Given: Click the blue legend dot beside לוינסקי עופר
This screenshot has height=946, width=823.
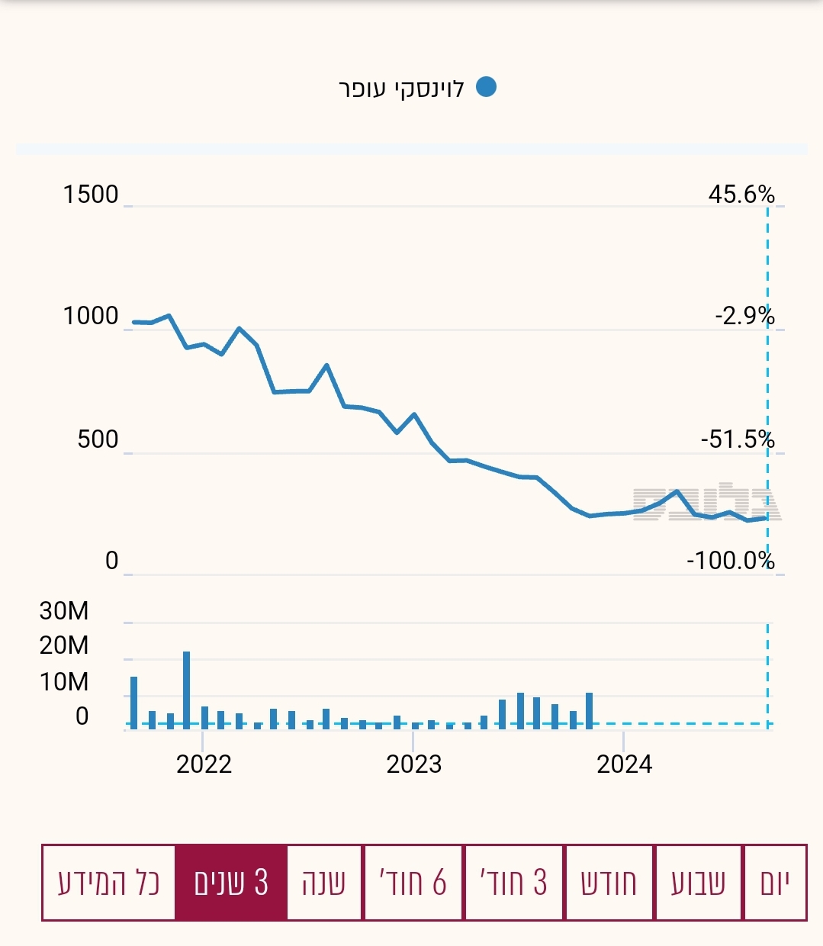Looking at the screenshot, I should click(x=486, y=87).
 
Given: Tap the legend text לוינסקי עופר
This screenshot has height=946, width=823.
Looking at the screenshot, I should click(x=401, y=88).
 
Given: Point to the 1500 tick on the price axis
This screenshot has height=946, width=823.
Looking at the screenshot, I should click(x=91, y=195).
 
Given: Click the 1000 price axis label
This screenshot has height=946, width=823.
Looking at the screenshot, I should click(x=91, y=316).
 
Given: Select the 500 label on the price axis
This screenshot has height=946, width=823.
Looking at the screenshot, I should click(x=98, y=439).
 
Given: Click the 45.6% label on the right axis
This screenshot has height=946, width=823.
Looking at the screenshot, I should click(x=741, y=195).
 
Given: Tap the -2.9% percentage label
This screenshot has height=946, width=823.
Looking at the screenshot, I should click(x=744, y=316).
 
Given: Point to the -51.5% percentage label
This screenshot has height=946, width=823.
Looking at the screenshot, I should click(x=738, y=439).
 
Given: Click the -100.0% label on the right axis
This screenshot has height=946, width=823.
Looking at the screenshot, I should click(x=731, y=561).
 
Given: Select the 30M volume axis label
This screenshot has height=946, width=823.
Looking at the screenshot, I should click(x=64, y=610).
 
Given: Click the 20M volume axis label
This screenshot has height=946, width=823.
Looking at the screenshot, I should click(x=64, y=645).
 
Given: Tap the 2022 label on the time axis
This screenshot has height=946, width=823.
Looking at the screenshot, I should click(x=204, y=764).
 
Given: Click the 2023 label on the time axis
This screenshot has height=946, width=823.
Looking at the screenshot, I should click(x=413, y=764).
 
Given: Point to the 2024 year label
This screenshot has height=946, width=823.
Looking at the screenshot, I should click(x=624, y=764).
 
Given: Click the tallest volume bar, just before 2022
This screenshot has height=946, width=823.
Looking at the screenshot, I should click(x=186, y=690).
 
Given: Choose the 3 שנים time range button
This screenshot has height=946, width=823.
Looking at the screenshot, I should click(x=231, y=883).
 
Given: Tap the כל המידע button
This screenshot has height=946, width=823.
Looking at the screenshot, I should click(x=108, y=883).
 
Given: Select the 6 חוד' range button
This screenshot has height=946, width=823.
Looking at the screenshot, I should click(x=413, y=883).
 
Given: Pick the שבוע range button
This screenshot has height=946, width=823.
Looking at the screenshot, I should click(x=698, y=883).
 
